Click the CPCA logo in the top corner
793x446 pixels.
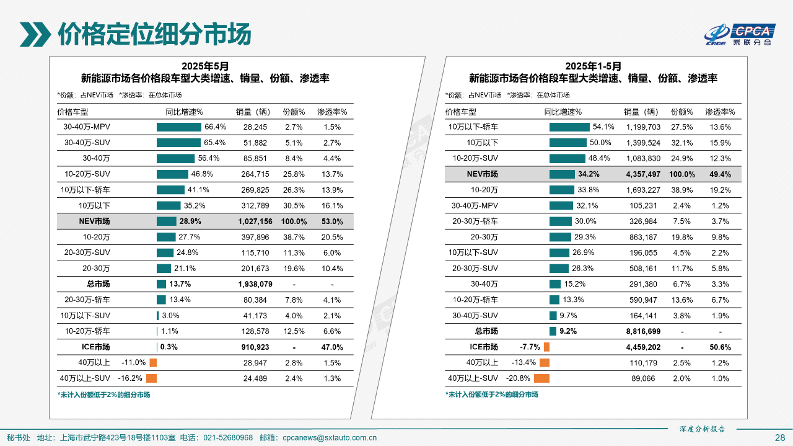[x=741, y=35]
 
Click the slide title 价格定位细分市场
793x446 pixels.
[x=154, y=34]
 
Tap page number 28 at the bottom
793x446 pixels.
[x=780, y=437]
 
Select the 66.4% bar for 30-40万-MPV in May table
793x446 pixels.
[x=179, y=127]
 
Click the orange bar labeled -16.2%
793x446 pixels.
[x=151, y=378]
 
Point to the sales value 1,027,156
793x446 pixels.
[x=255, y=221]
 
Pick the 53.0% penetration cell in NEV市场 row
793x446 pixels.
[x=332, y=221]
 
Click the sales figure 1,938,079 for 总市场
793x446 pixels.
[x=255, y=284]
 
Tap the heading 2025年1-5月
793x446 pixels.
[x=593, y=66]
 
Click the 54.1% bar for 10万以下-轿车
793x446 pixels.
[x=569, y=127]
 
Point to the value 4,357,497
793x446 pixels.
[x=643, y=174]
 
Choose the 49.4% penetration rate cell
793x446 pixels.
[x=720, y=174]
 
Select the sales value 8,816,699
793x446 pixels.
[x=643, y=331]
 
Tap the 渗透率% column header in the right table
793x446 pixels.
[x=720, y=112]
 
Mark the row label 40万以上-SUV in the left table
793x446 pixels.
[x=85, y=378]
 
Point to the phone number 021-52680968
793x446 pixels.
[x=228, y=437]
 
